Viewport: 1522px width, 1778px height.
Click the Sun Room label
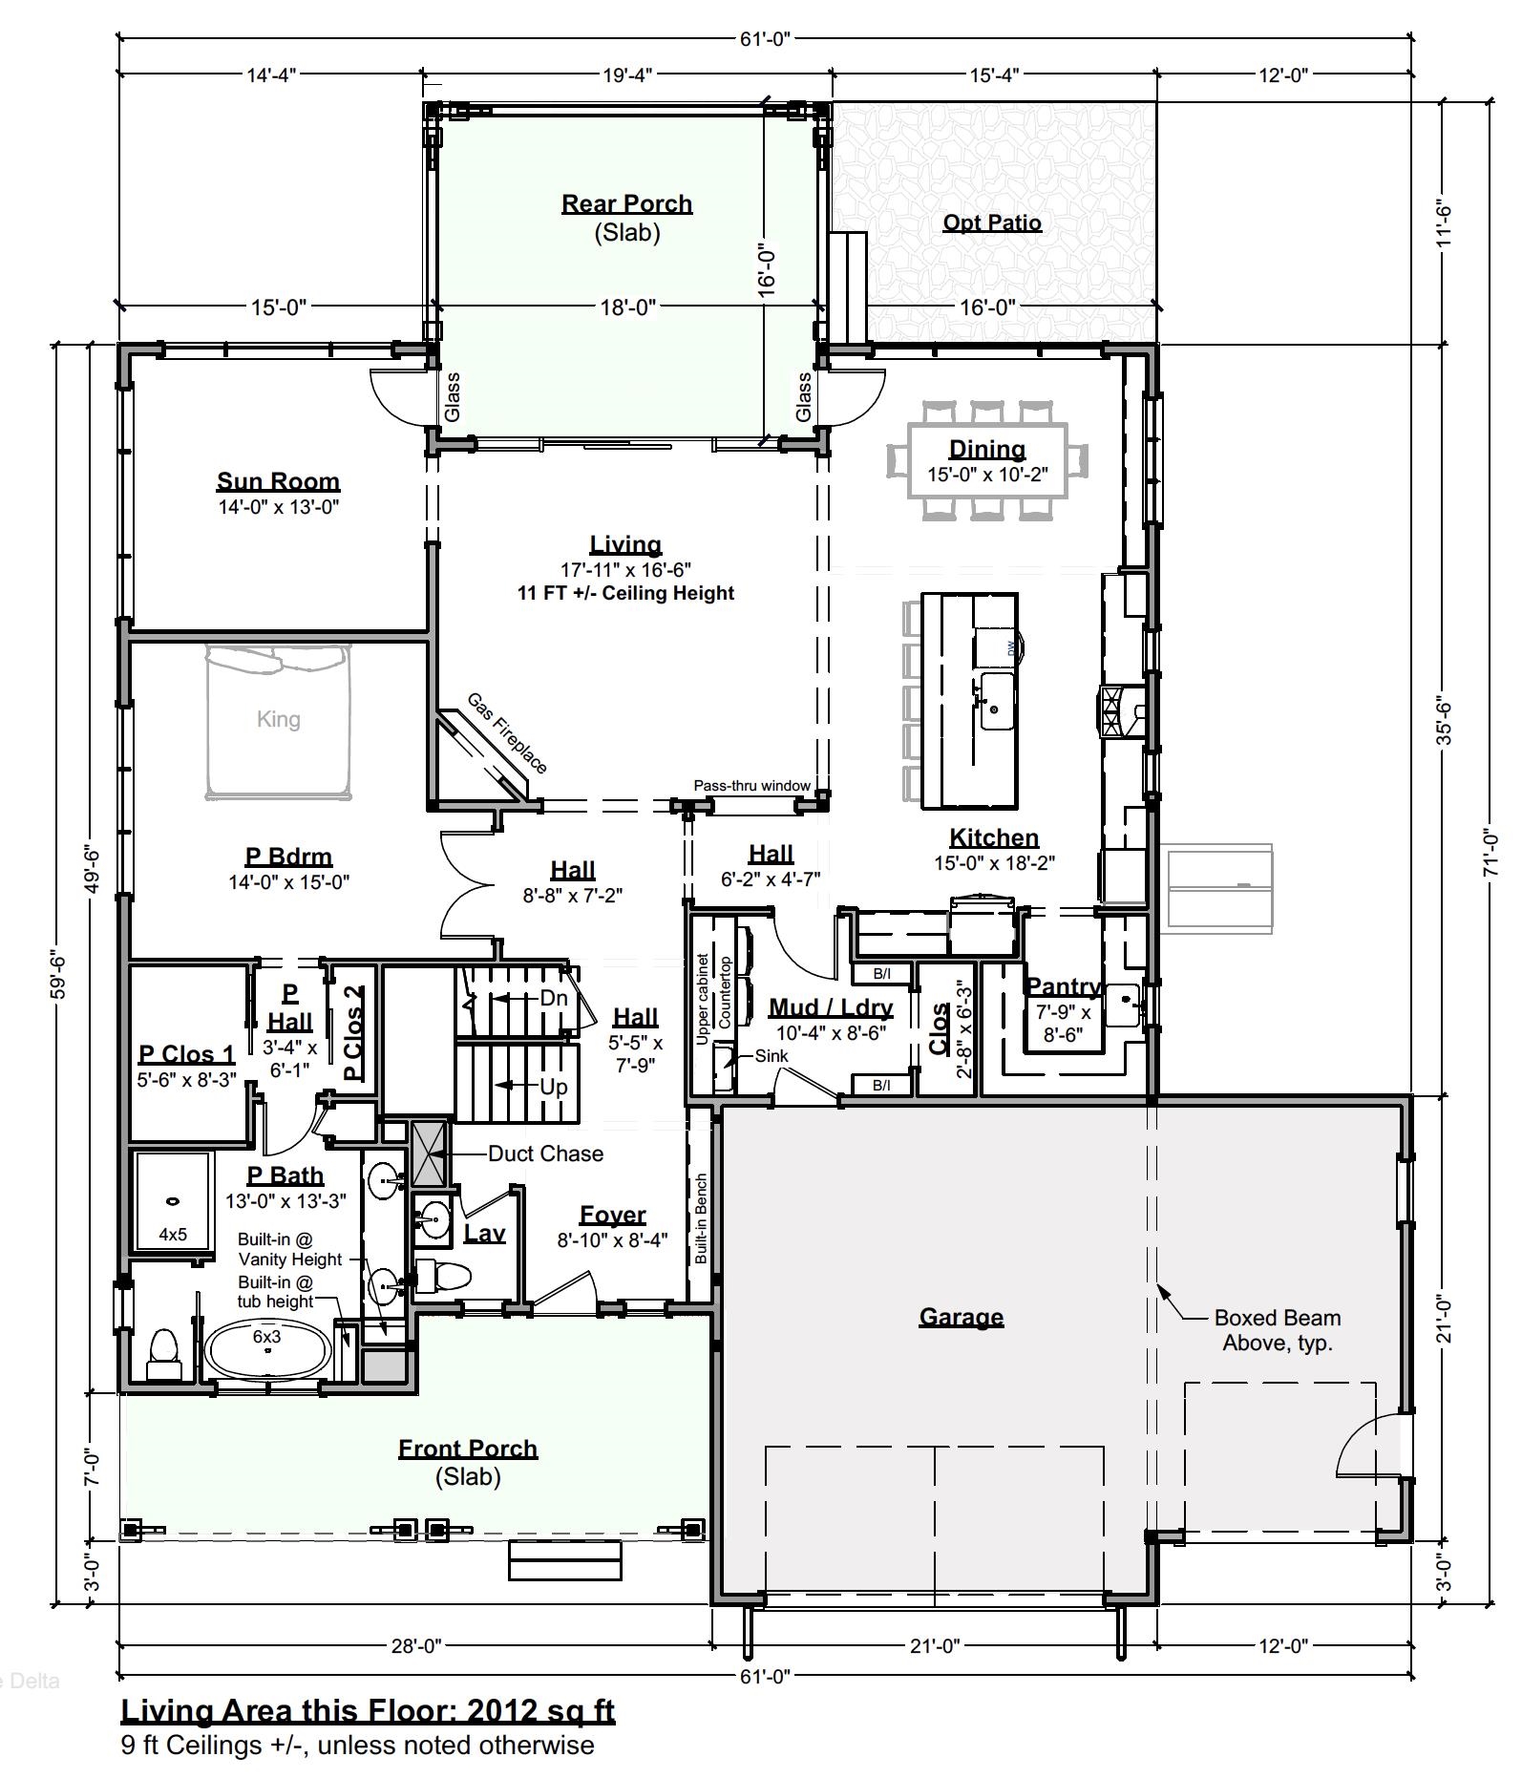tap(278, 481)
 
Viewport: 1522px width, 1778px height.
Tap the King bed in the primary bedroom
tap(278, 721)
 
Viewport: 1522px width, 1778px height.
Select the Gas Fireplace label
tap(507, 733)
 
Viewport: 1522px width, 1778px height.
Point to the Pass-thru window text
tap(751, 786)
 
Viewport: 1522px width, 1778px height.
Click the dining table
tap(987, 460)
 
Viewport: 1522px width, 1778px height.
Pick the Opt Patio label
tap(992, 222)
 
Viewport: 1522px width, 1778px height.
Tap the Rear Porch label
tap(626, 203)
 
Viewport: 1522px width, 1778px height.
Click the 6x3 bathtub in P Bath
tap(268, 1348)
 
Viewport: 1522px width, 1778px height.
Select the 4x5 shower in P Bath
tap(172, 1200)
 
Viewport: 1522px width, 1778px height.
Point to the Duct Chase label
tap(545, 1154)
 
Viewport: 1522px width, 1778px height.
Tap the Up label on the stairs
tap(554, 1087)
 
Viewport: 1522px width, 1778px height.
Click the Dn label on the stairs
tap(554, 999)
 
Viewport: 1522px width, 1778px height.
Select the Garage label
tap(961, 1317)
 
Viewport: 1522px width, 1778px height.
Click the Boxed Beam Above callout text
tap(1277, 1330)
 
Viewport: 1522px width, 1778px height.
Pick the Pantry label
tap(1063, 986)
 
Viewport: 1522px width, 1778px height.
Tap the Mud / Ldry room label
tap(831, 1007)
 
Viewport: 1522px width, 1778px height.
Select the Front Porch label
tap(468, 1449)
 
